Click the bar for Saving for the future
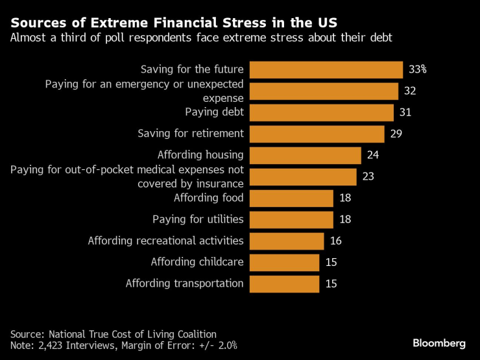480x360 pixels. coord(326,69)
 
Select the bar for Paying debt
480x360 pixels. coord(322,112)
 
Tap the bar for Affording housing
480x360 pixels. coord(305,155)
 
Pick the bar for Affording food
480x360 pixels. coord(291,198)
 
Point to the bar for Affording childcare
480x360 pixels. coord(284,262)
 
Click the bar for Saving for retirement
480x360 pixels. coord(317,134)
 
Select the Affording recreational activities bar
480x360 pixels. coord(287,241)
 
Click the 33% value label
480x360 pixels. coord(417,69)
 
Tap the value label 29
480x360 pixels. coord(396,134)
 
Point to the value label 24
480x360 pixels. coord(372,155)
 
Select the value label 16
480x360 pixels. coord(335,241)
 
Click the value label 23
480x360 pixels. coord(368,176)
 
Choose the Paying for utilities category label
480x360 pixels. coord(198,219)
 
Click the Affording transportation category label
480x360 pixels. coord(184,283)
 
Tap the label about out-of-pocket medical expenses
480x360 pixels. coord(127,176)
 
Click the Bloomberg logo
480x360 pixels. coord(439,342)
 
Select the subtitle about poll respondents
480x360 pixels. coord(201,38)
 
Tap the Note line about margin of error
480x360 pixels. coord(123,346)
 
